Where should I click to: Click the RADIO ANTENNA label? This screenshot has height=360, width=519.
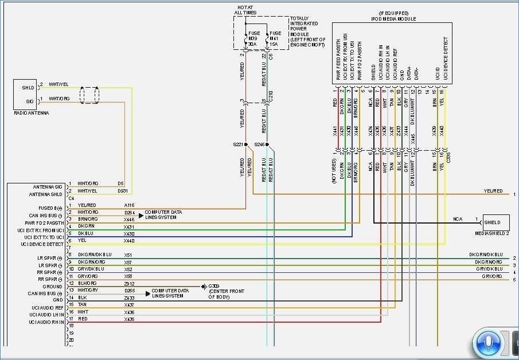click(x=32, y=114)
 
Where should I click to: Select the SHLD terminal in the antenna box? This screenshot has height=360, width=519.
click(x=28, y=88)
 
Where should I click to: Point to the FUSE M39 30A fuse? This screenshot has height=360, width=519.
click(x=253, y=38)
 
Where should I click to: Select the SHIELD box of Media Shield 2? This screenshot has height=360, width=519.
click(x=496, y=222)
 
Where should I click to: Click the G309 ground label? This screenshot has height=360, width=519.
click(x=214, y=285)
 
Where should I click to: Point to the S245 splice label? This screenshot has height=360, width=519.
click(x=260, y=144)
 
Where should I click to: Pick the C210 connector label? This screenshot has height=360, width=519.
click(x=271, y=96)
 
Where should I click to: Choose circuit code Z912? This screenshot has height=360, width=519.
click(x=129, y=283)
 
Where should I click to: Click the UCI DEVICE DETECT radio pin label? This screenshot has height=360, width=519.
click(x=44, y=244)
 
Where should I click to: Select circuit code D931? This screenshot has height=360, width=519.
click(x=123, y=191)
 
